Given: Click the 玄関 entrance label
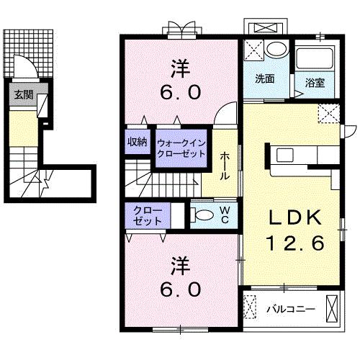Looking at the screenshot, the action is [24, 95].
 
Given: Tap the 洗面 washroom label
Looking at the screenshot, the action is [264, 78].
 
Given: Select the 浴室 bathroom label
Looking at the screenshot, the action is [315, 83].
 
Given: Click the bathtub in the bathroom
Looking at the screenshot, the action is [315, 58].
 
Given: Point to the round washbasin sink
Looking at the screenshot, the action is [276, 50].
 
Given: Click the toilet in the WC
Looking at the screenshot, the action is [202, 215].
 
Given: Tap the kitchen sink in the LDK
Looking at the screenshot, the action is [285, 155].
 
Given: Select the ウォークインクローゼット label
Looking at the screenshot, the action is [181, 148].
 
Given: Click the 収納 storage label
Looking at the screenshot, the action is [137, 142].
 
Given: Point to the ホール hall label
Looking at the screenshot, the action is [225, 166].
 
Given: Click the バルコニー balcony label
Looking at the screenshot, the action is [291, 309].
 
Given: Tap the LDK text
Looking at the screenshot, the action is [295, 217].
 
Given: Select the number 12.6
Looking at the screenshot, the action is [295, 243].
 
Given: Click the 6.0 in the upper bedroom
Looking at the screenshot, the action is [181, 93].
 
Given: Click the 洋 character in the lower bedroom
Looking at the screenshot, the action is [181, 266].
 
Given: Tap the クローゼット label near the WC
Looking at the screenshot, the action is [148, 215].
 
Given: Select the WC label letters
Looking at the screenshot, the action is [225, 215].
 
